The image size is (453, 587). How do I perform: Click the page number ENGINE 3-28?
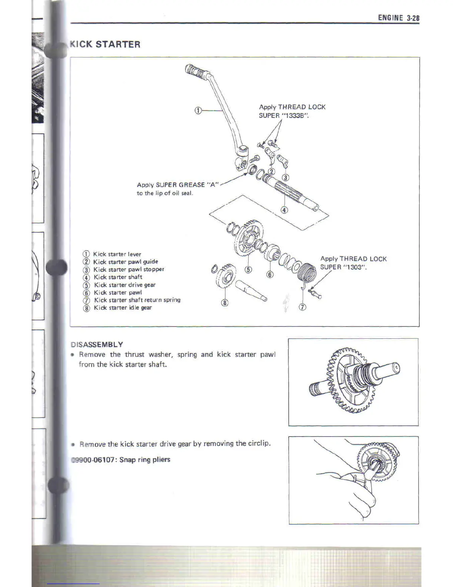[398, 18]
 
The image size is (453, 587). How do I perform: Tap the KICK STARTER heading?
[105, 44]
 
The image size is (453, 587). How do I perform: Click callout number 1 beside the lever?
[198, 110]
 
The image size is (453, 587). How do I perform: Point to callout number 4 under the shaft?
[284, 210]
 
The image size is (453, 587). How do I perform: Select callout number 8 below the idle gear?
[225, 303]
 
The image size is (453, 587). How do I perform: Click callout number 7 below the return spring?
[302, 307]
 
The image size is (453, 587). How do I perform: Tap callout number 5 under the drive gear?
[248, 269]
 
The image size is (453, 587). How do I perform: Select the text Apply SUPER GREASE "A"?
[178, 185]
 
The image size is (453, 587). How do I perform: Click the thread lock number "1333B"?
[295, 116]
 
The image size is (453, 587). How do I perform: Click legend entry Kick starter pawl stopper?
[128, 269]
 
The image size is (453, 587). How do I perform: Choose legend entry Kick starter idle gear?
[123, 308]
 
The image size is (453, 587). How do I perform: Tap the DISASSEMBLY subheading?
[97, 344]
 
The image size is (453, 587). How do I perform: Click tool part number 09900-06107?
[93, 460]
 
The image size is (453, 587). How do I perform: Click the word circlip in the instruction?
[258, 443]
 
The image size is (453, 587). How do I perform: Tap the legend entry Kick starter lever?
[117, 254]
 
